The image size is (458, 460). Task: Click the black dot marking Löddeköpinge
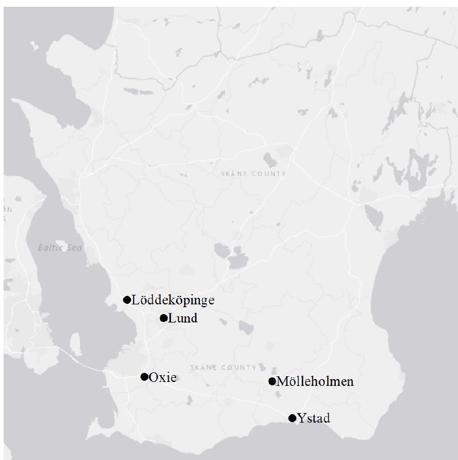(127, 300)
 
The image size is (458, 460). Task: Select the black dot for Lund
(164, 318)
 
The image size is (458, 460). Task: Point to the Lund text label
(183, 318)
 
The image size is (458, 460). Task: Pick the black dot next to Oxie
(144, 377)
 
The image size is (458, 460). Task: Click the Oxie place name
(162, 377)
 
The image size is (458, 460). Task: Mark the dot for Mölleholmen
(272, 381)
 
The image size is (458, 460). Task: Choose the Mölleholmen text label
(315, 381)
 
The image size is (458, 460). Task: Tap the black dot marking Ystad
(292, 418)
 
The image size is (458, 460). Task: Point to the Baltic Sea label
(60, 247)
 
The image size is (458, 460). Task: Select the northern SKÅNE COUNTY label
(253, 174)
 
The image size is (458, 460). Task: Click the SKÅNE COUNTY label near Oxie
(224, 367)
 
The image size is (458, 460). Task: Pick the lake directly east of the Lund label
(246, 327)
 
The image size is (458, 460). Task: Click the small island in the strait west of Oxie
(75, 342)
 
